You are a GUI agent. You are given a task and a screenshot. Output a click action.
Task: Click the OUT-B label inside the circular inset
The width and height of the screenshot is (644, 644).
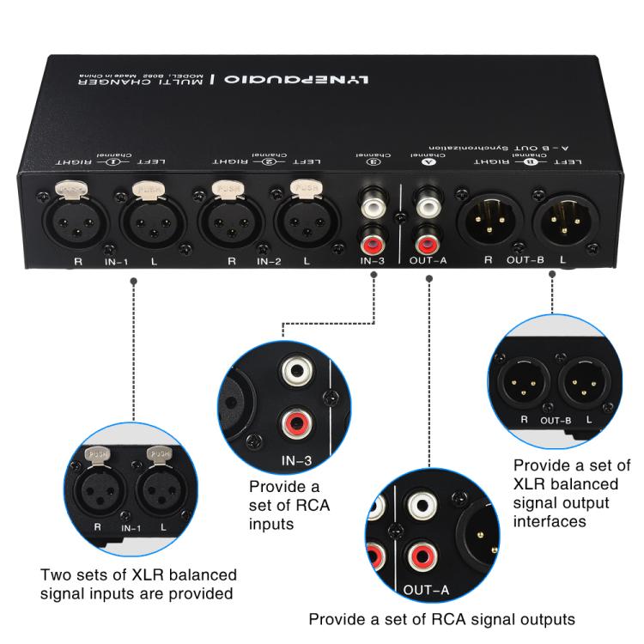pos(556,420)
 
